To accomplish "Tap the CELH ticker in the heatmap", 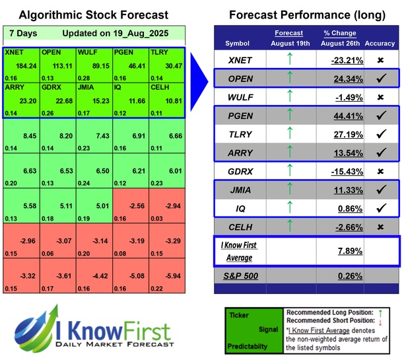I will tap(158, 87).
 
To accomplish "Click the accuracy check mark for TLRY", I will tap(381, 135).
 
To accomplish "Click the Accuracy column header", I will tap(382, 43).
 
